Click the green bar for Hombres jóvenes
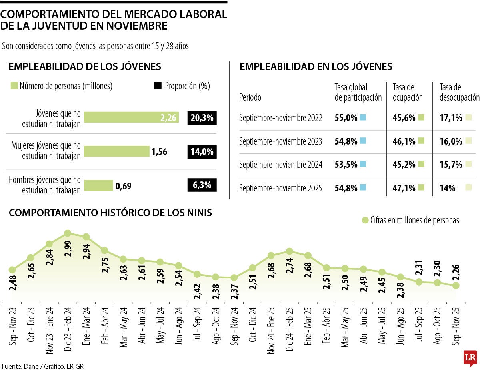pyautogui.click(x=99, y=186)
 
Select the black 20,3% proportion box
pyautogui.click(x=202, y=118)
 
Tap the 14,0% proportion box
pyautogui.click(x=202, y=152)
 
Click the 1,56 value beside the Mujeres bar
pyautogui.click(x=159, y=152)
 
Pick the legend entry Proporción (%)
pyautogui.click(x=182, y=86)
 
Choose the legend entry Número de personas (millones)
pyautogui.click(x=62, y=86)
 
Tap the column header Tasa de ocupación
pyautogui.click(x=408, y=92)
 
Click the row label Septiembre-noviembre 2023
pyautogui.click(x=280, y=141)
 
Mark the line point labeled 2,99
pyautogui.click(x=68, y=233)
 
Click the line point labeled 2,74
pyautogui.click(x=290, y=251)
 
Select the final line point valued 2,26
pyautogui.click(x=456, y=286)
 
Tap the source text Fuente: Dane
pyautogui.click(x=19, y=366)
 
